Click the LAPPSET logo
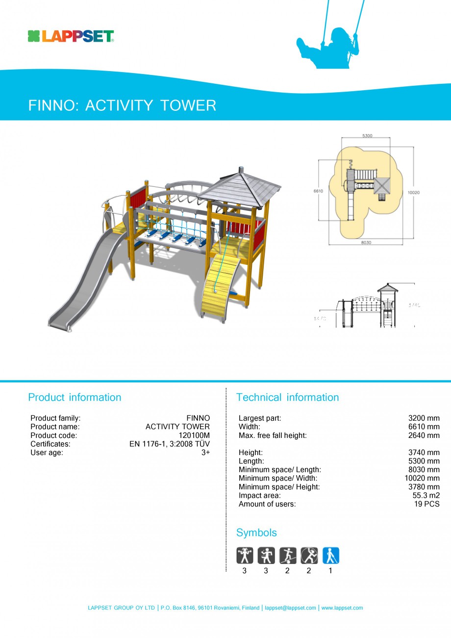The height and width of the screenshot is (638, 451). click(71, 36)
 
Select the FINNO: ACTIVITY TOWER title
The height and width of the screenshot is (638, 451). click(122, 105)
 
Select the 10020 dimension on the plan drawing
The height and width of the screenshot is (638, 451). click(413, 193)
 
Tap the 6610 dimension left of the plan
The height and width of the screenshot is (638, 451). click(319, 191)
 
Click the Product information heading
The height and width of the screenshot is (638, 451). click(75, 397)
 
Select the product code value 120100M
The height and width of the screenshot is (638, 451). click(194, 435)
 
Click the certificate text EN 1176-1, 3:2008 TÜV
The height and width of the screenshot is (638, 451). click(169, 444)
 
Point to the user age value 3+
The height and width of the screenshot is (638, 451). click(205, 453)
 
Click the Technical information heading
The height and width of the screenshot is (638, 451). click(287, 397)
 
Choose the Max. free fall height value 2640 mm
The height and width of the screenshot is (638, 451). click(424, 435)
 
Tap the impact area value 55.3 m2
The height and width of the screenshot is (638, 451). click(426, 495)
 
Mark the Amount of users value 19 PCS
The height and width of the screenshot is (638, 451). click(427, 504)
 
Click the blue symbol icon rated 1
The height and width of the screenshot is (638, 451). click(330, 556)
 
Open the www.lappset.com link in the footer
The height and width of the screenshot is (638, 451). click(342, 608)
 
